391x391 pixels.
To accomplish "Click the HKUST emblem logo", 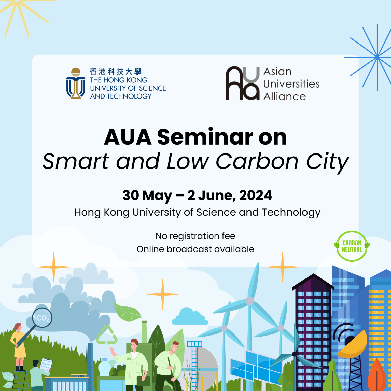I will coord(76,83).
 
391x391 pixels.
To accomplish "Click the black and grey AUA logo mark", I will coord(242,83).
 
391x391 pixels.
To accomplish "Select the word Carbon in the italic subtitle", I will coord(257,162).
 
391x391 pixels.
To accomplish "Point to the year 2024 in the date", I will coord(256,195).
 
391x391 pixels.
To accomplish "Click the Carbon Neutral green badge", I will coord(352,246).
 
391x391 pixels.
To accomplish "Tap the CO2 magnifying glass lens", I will coord(42,318).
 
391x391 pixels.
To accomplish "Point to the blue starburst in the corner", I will coord(377,58).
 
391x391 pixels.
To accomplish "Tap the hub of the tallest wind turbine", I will coord(250,301).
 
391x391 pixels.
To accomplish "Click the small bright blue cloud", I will coord(190,317).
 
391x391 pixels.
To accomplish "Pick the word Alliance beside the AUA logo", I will coord(285,97).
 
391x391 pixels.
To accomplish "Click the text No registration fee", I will coord(195,236).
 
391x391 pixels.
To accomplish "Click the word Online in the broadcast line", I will coord(150,249).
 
